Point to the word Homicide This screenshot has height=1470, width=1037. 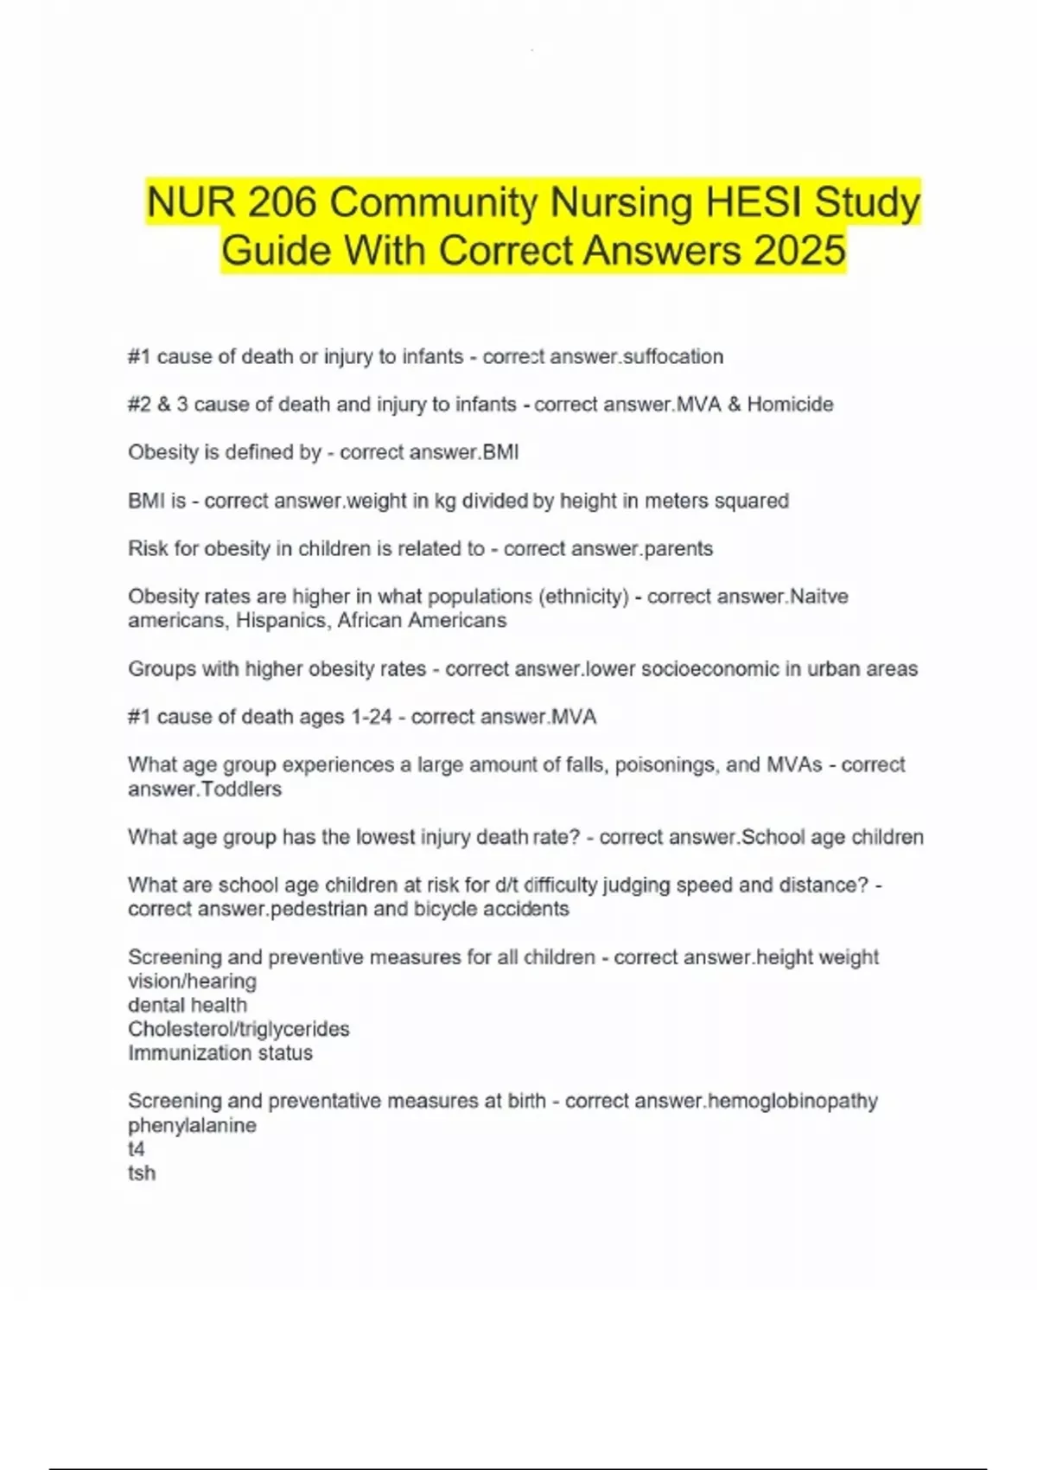click(x=790, y=404)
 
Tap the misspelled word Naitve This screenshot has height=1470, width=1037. click(x=819, y=596)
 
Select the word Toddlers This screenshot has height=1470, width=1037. click(x=240, y=789)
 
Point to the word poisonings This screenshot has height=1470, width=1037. click(x=665, y=764)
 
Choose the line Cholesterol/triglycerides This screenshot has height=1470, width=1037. click(x=239, y=1029)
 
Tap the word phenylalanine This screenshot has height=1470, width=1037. click(x=192, y=1125)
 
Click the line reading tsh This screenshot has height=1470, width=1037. click(x=142, y=1173)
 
